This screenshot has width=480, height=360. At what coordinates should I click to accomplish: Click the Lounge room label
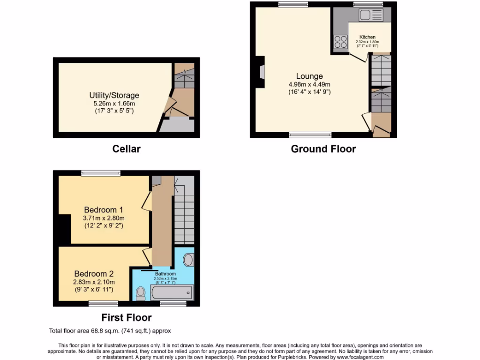309,76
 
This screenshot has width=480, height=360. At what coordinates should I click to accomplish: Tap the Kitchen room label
367,37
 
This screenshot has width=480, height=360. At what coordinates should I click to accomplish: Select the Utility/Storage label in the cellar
114,96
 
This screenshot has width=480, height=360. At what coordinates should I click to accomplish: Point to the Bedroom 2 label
94,274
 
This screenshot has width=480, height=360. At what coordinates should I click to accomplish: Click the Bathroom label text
165,274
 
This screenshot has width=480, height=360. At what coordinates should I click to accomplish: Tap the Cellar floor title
126,149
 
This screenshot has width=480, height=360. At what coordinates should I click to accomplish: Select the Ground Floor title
323,149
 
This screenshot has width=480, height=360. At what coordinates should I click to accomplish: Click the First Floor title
126,318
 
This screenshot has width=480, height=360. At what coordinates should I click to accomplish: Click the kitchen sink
371,15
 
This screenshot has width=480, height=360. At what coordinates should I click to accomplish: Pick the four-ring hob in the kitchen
340,43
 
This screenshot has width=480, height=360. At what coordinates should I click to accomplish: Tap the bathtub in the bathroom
172,293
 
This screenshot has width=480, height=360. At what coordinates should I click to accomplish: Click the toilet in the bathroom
141,293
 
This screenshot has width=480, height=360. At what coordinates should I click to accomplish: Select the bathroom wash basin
188,260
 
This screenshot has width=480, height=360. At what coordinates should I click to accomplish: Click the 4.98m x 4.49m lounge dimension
309,84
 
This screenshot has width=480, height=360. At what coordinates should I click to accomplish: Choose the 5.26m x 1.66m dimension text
114,104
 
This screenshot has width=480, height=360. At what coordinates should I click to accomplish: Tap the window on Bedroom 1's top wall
101,173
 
